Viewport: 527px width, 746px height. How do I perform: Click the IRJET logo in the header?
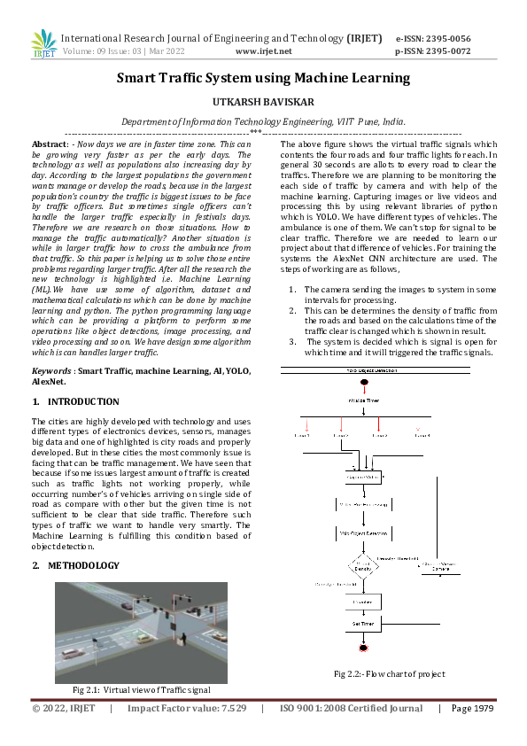coord(42,43)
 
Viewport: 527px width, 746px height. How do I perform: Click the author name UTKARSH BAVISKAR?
coord(263,103)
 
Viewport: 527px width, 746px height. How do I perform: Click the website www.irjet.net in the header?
coord(264,52)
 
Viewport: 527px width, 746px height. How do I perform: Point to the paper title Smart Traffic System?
coord(263,78)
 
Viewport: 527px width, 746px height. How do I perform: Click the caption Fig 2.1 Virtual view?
coord(142,688)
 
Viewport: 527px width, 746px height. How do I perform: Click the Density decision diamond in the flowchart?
coord(363,564)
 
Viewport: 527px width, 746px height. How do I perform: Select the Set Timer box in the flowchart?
coord(363,625)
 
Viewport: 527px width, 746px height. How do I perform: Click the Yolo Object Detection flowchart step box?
coord(363,534)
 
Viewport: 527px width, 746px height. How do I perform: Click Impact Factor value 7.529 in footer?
coord(185,709)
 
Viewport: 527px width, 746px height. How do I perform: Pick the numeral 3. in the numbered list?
coord(293,341)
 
